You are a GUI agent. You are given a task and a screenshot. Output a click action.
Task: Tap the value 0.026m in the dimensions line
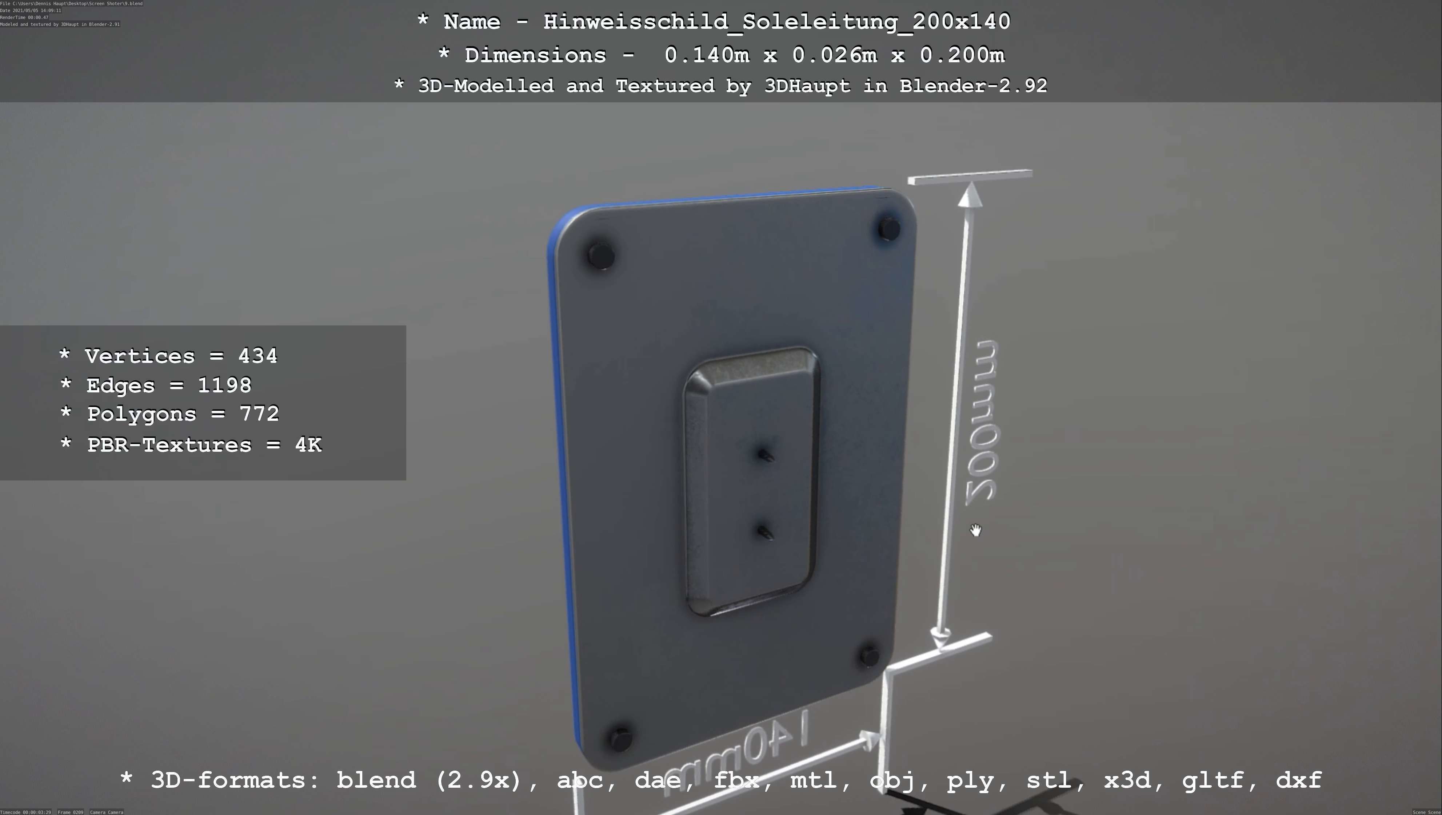coord(834,55)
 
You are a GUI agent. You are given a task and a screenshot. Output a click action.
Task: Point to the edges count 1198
coord(224,385)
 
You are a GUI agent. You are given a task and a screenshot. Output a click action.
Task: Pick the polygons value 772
coord(259,414)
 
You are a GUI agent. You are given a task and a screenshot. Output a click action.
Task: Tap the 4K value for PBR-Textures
coord(308,445)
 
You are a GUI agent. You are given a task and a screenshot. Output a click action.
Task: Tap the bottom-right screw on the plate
coord(869,655)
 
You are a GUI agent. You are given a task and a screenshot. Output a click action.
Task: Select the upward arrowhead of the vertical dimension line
coord(970,196)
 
